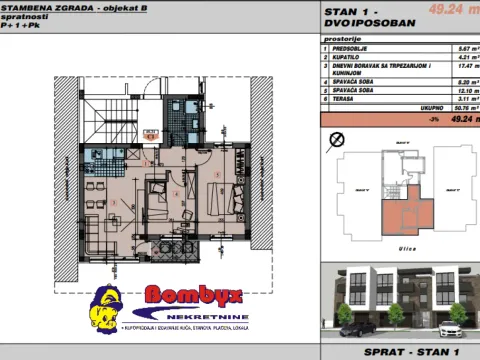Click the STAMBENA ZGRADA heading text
pos(40,7)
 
